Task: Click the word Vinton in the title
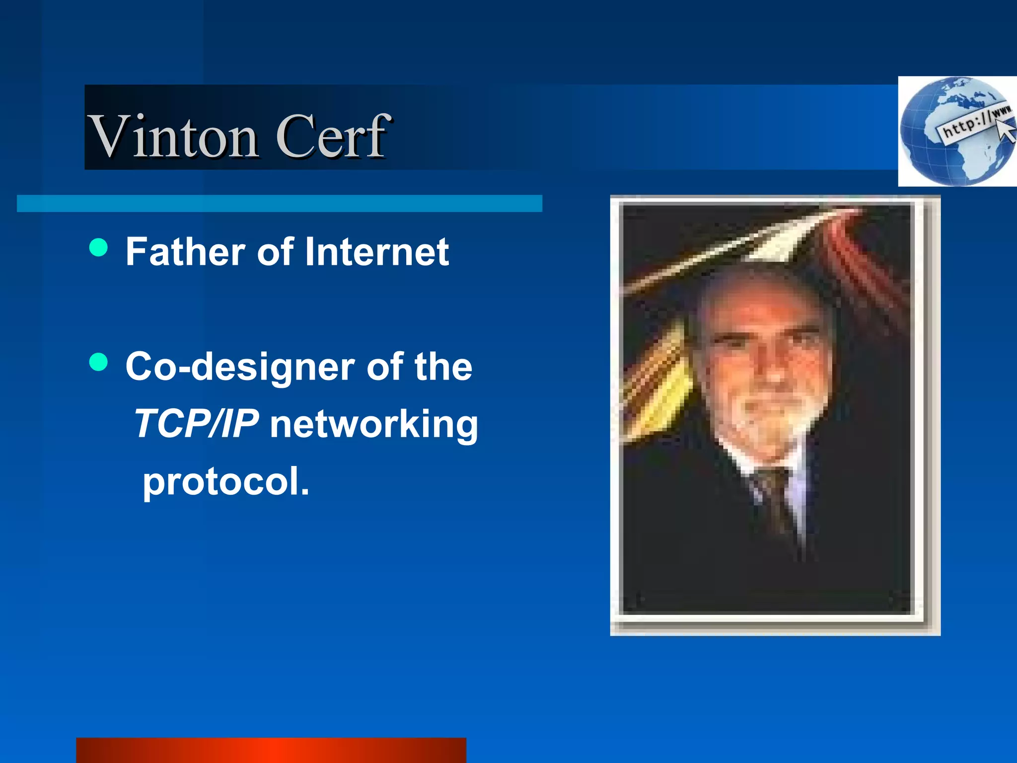click(174, 136)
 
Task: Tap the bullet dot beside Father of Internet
click(99, 247)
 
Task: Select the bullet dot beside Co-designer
click(99, 362)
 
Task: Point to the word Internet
click(377, 251)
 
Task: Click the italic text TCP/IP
click(197, 424)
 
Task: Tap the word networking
click(374, 425)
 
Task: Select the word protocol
click(226, 481)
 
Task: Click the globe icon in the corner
click(956, 132)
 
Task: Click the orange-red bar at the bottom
click(271, 750)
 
